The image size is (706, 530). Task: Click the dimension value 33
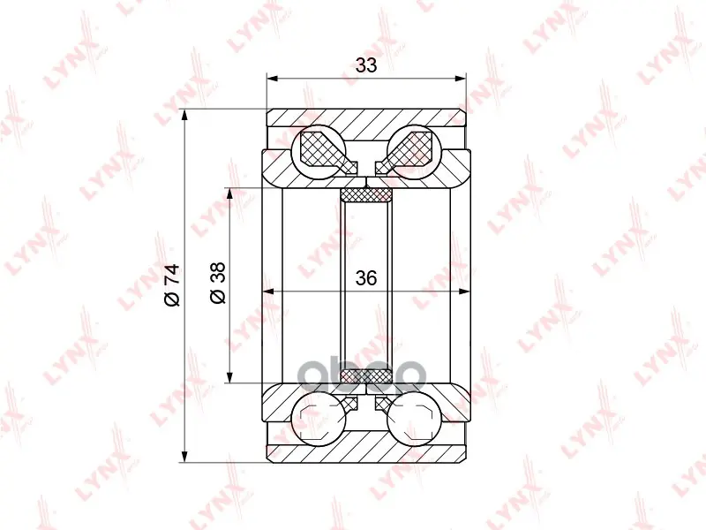point(365,65)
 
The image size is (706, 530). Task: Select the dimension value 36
point(365,278)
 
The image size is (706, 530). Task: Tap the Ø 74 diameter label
point(172,285)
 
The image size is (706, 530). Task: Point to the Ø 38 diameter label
point(218,283)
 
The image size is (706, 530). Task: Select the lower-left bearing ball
point(319,419)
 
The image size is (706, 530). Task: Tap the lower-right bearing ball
point(414,419)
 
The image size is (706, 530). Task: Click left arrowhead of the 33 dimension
point(272,79)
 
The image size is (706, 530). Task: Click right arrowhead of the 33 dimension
point(461,79)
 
